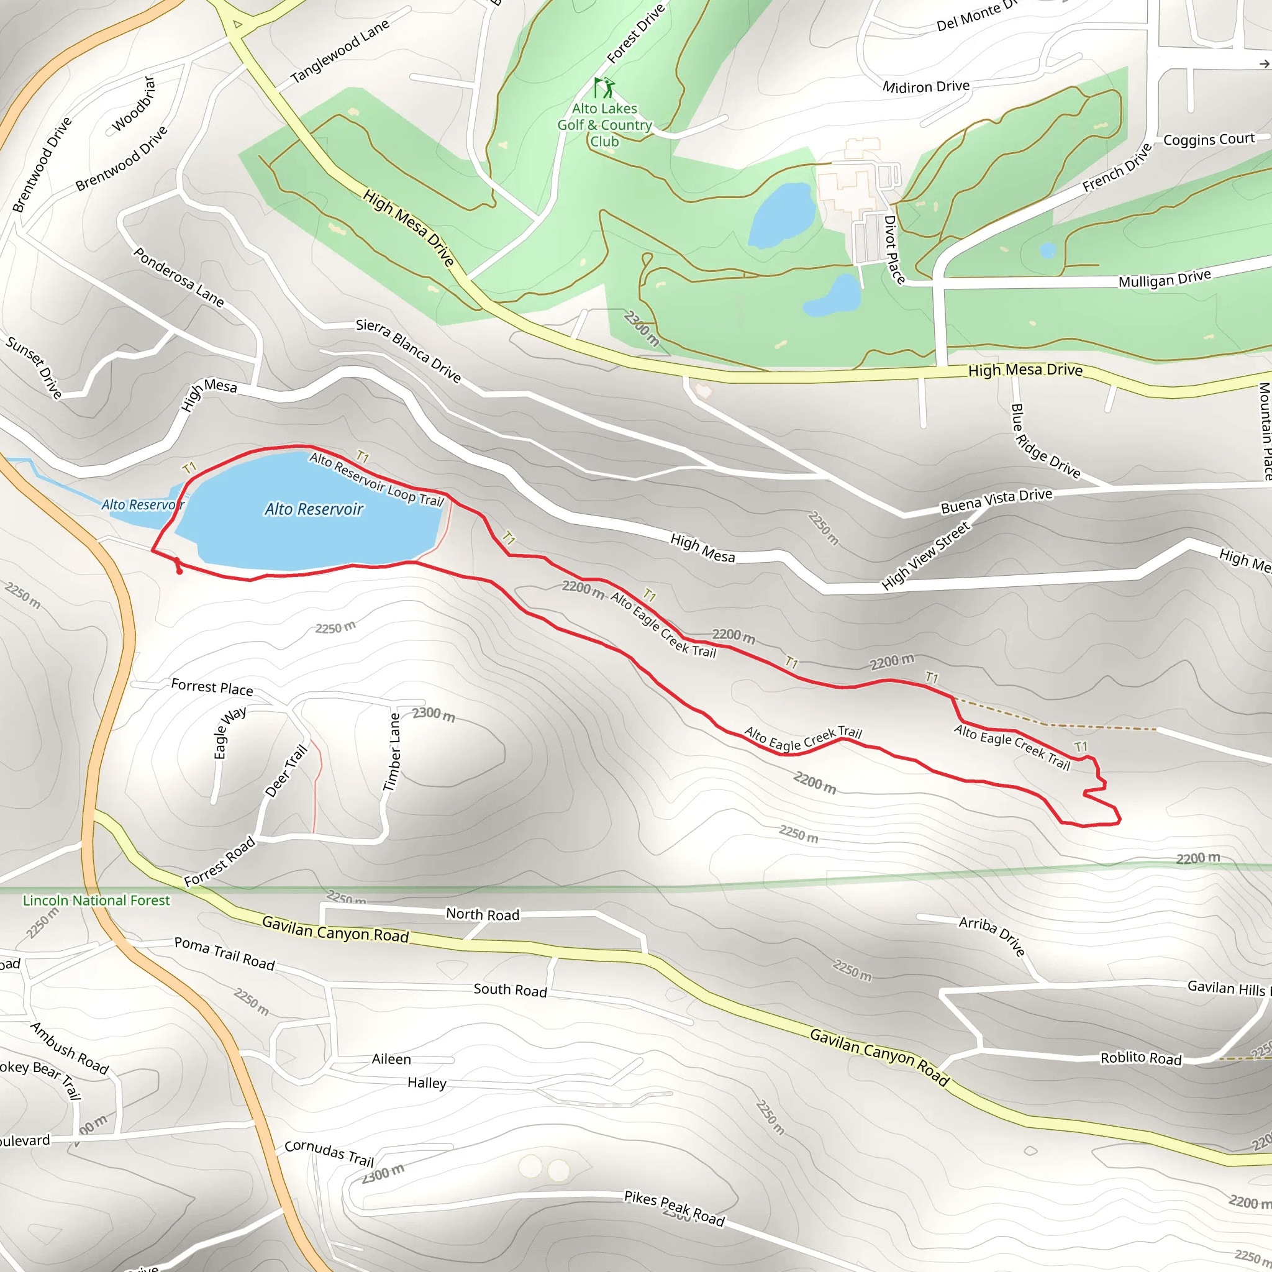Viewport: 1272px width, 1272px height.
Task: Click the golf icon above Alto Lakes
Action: coord(604,87)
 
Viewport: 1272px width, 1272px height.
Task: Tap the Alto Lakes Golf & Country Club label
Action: coord(604,125)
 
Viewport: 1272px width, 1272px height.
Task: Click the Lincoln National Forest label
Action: coord(96,900)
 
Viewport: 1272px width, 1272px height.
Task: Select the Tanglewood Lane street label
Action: coord(340,51)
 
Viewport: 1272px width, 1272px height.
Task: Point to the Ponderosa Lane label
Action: coord(179,277)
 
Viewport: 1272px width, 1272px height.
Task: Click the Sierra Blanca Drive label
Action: coord(408,350)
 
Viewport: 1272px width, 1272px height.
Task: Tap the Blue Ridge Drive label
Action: coord(1045,442)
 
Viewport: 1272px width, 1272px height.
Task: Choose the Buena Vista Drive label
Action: coord(996,501)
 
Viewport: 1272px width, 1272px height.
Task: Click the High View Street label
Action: coord(925,555)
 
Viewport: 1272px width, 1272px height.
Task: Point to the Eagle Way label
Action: coord(229,732)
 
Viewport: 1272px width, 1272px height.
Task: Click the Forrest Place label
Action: coord(212,688)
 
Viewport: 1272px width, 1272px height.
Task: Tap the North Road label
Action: coord(483,914)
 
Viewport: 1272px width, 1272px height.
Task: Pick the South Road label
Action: coord(511,989)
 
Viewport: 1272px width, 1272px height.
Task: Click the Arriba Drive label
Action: coord(992,935)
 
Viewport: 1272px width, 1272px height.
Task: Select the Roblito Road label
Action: coord(1141,1057)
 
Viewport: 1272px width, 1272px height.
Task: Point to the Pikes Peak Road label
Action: coord(674,1208)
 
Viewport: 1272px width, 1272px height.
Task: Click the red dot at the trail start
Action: coord(179,571)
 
